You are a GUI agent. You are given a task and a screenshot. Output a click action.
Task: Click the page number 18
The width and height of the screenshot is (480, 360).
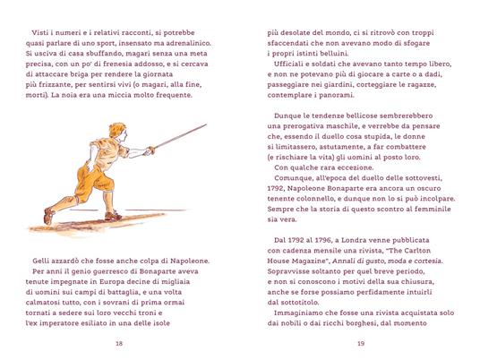(x=119, y=343)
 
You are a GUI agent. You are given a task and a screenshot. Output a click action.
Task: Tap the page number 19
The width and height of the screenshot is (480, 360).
(x=359, y=343)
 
